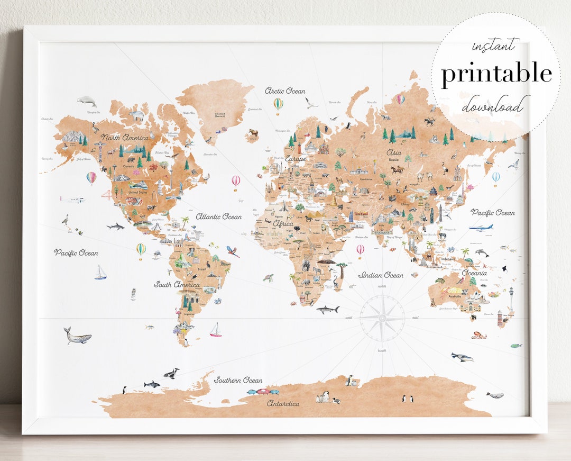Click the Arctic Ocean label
click(285, 91)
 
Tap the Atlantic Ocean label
click(218, 216)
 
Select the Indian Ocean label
click(381, 275)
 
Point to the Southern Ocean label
click(238, 380)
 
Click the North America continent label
click(125, 138)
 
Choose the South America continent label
click(177, 285)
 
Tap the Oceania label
click(474, 273)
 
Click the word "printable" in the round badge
click(496, 75)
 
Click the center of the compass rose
click(382, 318)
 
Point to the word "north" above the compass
click(382, 286)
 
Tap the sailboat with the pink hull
click(215, 330)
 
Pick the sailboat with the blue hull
click(100, 273)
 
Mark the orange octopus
click(479, 335)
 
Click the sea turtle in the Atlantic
click(269, 277)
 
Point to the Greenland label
click(219, 114)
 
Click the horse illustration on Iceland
click(254, 133)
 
